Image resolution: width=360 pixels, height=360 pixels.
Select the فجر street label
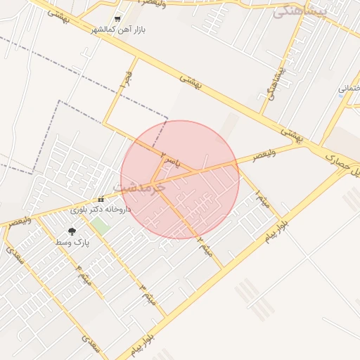127,81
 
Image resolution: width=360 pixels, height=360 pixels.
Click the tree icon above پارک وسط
72,231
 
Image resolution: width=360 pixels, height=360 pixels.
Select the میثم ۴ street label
84,276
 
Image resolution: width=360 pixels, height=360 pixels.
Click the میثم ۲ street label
205,245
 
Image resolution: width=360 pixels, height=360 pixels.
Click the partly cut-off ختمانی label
349,89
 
